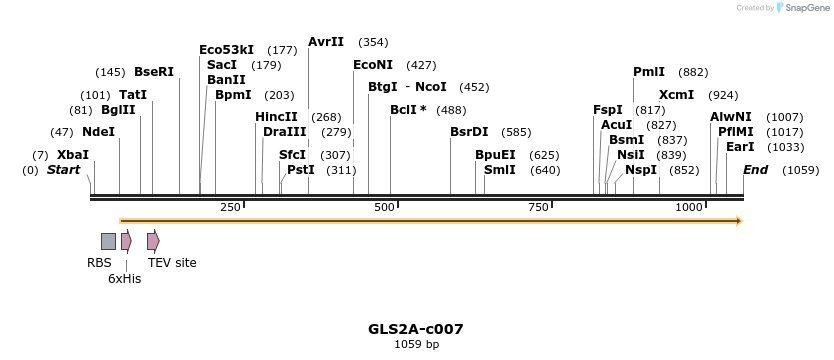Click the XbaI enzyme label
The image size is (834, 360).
73,155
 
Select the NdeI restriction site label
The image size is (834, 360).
98,132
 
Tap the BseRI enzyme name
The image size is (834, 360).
154,72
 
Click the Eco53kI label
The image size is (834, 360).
226,50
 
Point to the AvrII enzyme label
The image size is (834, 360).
326,42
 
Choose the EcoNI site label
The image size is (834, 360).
372,65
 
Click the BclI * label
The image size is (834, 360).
408,110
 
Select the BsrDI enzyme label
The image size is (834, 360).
469,132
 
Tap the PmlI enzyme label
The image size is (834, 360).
649,72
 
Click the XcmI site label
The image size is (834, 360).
676,95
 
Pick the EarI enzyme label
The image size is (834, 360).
740,147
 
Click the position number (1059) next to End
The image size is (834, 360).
801,170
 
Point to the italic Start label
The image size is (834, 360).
63,170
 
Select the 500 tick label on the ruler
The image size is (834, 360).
384,207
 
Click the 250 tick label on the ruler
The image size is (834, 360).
230,207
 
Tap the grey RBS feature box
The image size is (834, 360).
108,241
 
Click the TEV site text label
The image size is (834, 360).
172,263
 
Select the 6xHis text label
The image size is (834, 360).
125,279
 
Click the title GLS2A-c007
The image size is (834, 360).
416,329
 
